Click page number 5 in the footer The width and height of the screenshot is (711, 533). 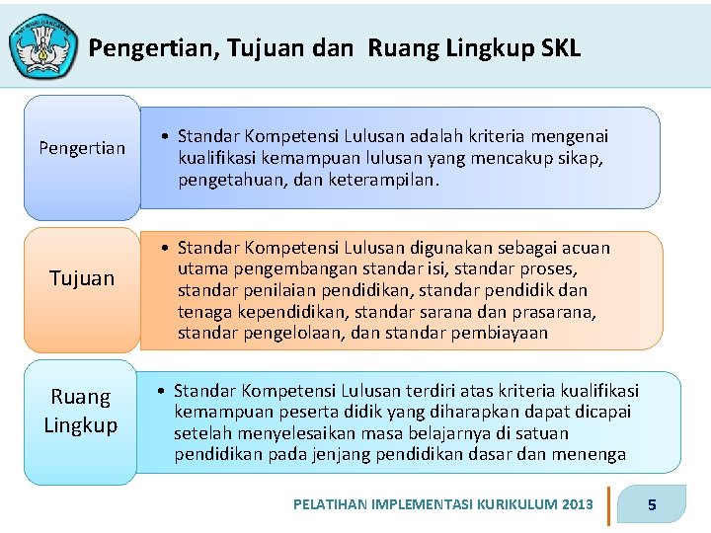click(652, 505)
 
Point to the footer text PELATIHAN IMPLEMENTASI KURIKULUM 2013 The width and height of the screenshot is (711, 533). click(443, 504)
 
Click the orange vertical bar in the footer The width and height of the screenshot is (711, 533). click(608, 504)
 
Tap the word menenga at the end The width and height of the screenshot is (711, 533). click(593, 454)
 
